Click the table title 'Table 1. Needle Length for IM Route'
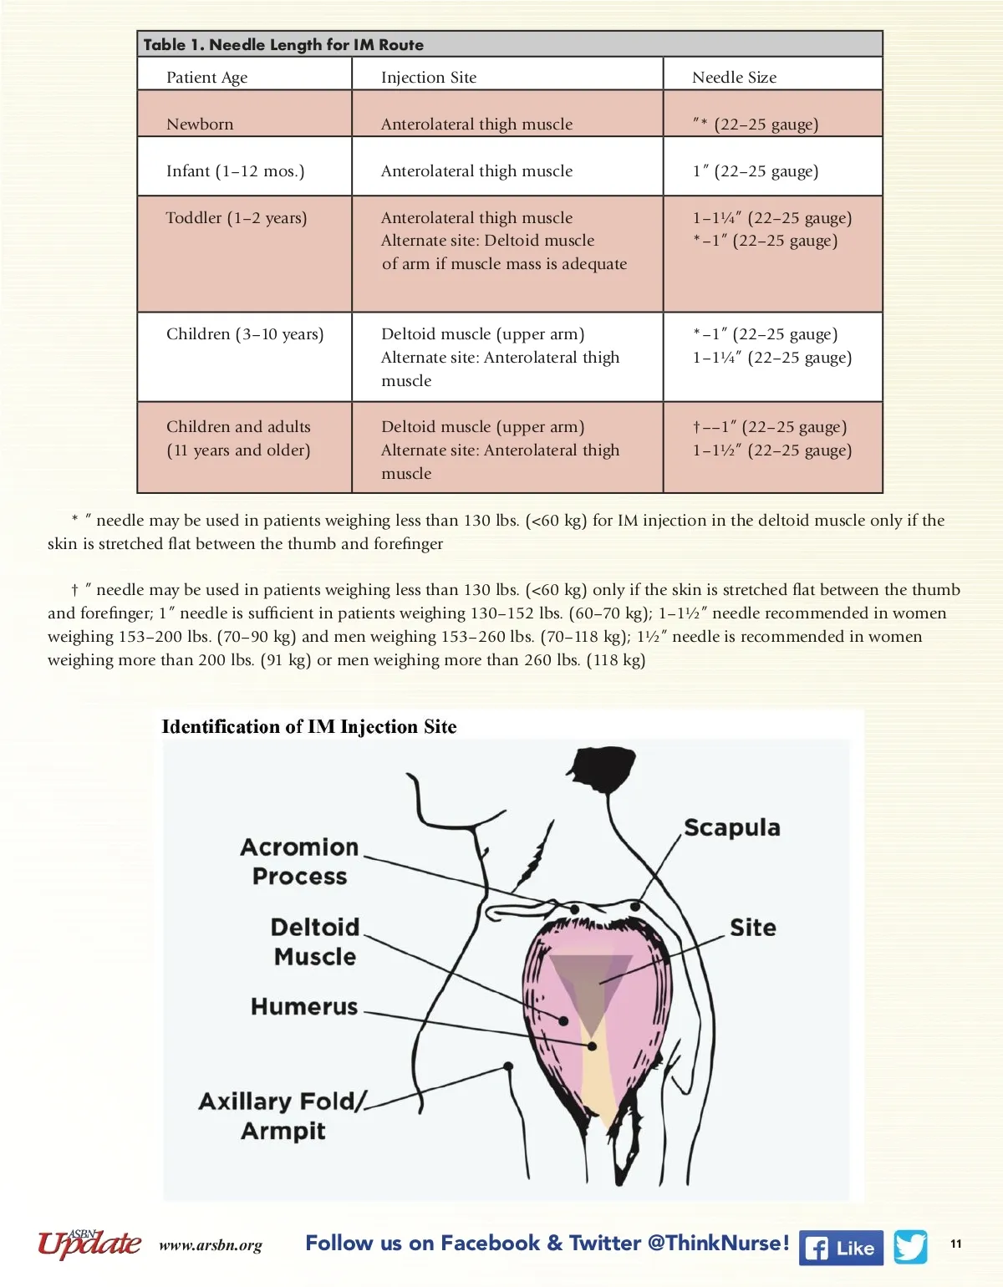(x=283, y=45)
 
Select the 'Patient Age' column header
(x=206, y=78)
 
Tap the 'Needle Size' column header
(x=734, y=78)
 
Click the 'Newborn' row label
(x=200, y=125)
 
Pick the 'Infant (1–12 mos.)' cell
(x=235, y=171)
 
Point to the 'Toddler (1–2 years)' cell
(x=237, y=218)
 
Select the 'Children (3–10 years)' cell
(x=245, y=334)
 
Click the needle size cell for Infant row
(x=755, y=171)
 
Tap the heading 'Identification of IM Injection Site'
(x=309, y=727)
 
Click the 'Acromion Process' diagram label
(x=299, y=862)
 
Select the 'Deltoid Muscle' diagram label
(x=315, y=942)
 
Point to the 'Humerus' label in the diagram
(x=304, y=1007)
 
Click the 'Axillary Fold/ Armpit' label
(x=283, y=1116)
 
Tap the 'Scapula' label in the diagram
(x=732, y=828)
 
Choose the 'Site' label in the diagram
(x=752, y=928)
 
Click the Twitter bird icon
(x=910, y=1247)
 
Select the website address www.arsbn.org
(x=211, y=1246)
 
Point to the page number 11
(x=956, y=1244)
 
